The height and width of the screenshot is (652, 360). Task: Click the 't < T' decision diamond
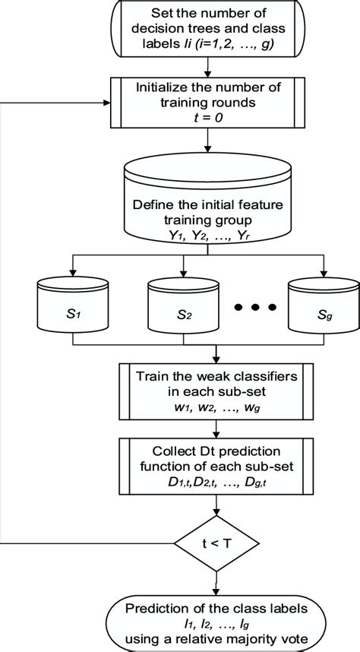[217, 544]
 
